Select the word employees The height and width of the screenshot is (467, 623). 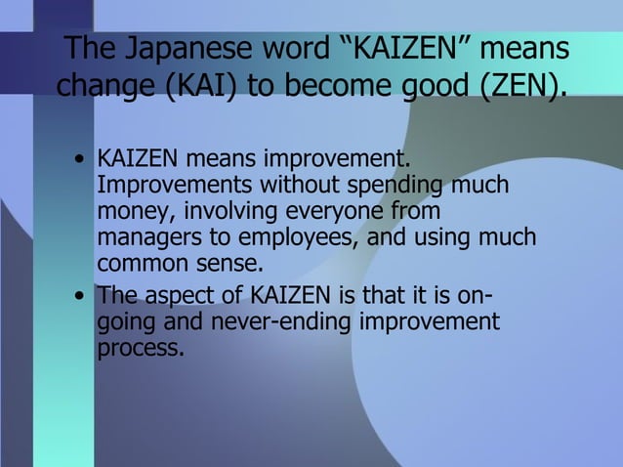click(x=303, y=238)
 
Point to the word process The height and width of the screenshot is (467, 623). click(x=139, y=349)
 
